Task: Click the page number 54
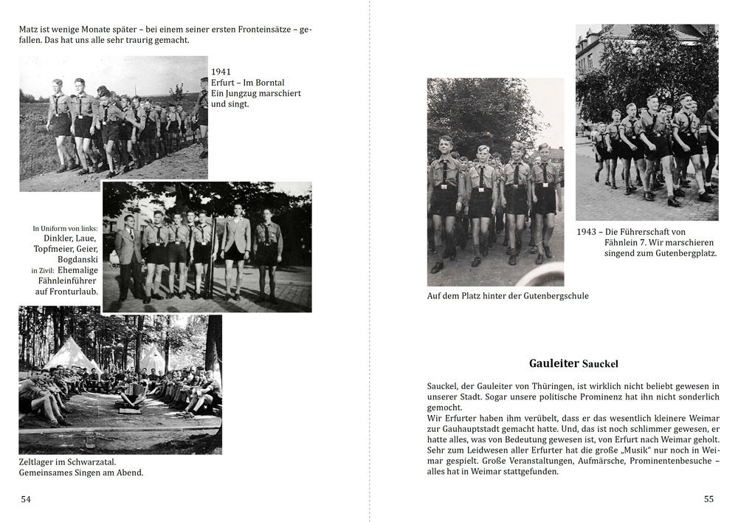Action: pyautogui.click(x=26, y=499)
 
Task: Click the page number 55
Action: pyautogui.click(x=708, y=499)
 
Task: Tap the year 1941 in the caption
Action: pyautogui.click(x=221, y=72)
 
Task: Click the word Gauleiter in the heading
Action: pyautogui.click(x=553, y=363)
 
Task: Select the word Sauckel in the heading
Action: pyautogui.click(x=600, y=364)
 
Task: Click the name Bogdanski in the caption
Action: pyautogui.click(x=78, y=260)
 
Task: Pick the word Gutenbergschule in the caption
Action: pyautogui.click(x=552, y=296)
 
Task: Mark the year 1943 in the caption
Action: pyautogui.click(x=586, y=232)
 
